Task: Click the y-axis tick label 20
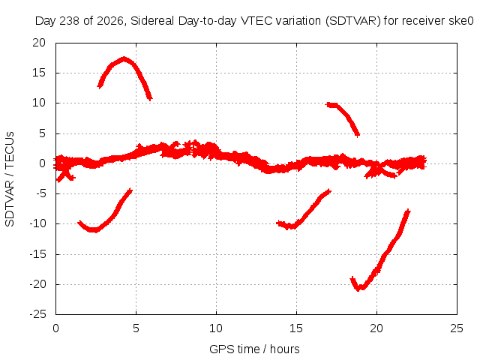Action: pyautogui.click(x=39, y=43)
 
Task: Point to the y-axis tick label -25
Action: pyautogui.click(x=38, y=314)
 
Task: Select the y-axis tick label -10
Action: pyautogui.click(x=38, y=223)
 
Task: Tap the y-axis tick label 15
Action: pyautogui.click(x=39, y=73)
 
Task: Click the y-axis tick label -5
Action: pyautogui.click(x=40, y=193)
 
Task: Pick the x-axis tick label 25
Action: pyautogui.click(x=457, y=328)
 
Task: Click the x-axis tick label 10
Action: pyautogui.click(x=216, y=328)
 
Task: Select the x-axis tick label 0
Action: pyautogui.click(x=55, y=328)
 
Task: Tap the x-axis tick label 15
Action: pyautogui.click(x=296, y=328)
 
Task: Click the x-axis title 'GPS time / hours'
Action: pyautogui.click(x=254, y=349)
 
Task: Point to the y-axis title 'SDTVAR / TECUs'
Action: pyautogui.click(x=10, y=179)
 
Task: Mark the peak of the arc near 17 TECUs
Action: pyautogui.click(x=124, y=58)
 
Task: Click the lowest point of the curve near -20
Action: pyautogui.click(x=360, y=288)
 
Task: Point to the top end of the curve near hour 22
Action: pyautogui.click(x=408, y=211)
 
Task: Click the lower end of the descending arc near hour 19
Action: pyautogui.click(x=357, y=135)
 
